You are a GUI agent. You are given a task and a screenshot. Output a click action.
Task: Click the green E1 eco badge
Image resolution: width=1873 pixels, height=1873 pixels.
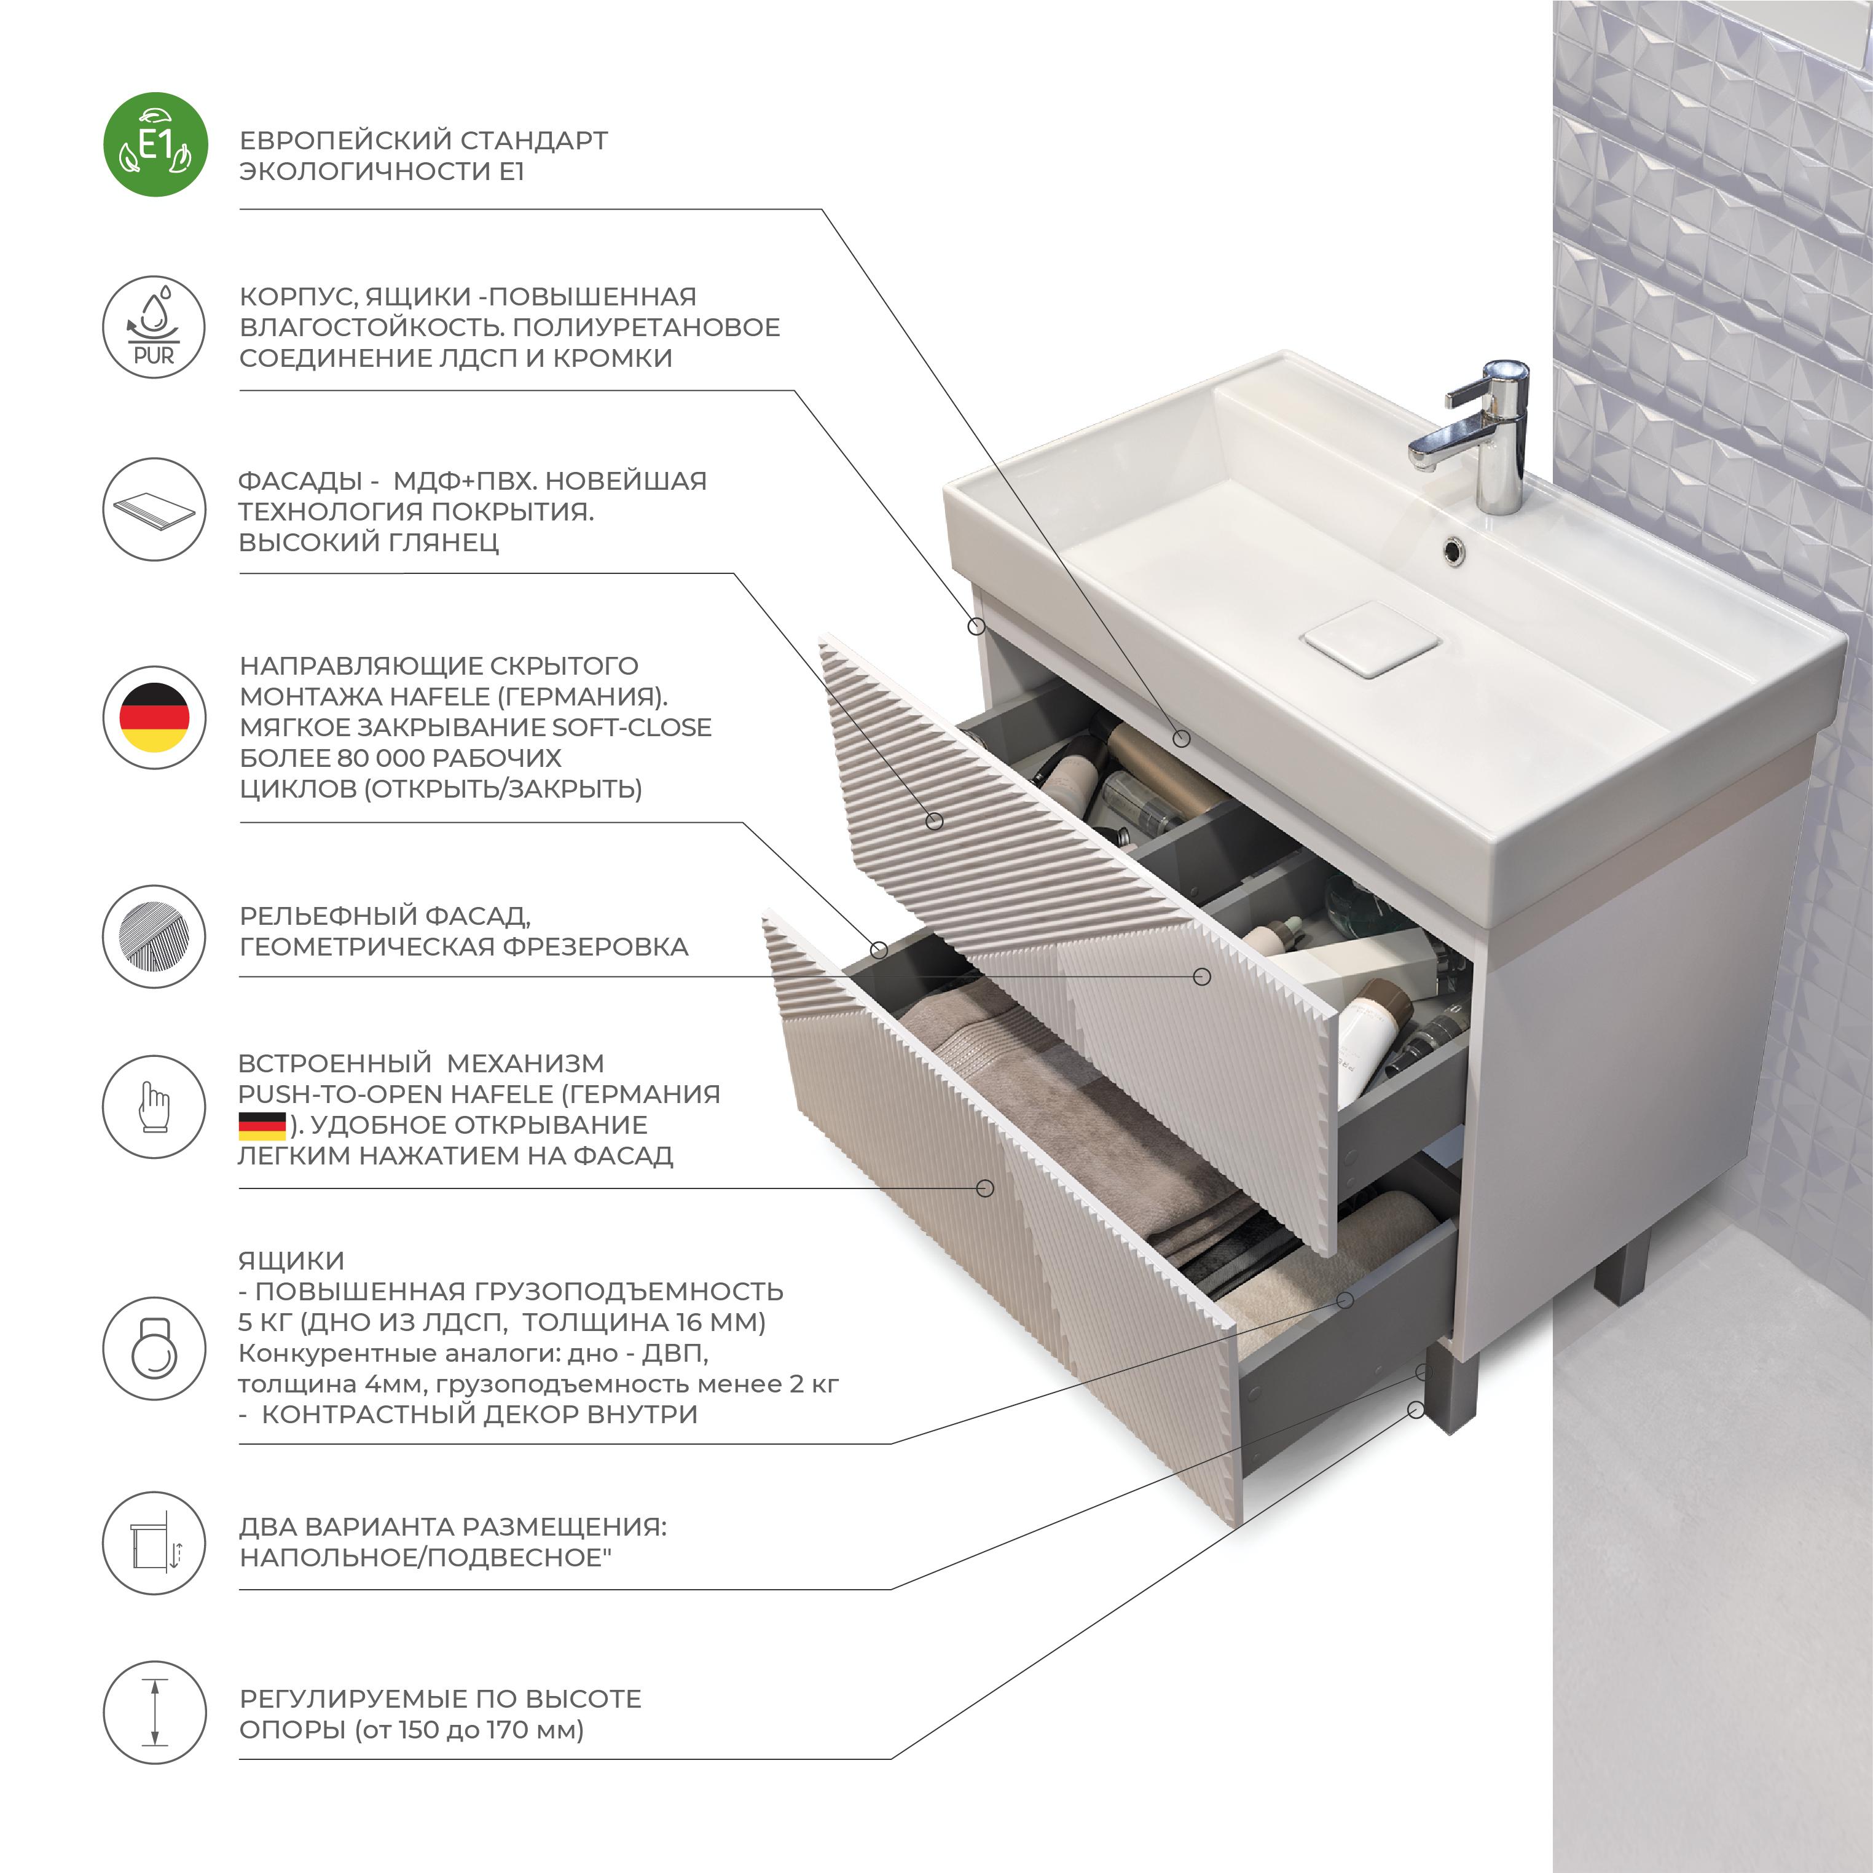tap(155, 144)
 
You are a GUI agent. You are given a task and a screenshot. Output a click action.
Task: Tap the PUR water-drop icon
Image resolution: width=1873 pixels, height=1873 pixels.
tap(154, 327)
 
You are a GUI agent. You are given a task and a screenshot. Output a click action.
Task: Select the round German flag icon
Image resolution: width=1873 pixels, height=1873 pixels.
tap(154, 717)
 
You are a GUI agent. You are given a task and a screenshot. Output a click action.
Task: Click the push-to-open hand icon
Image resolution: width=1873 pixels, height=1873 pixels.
tap(154, 1106)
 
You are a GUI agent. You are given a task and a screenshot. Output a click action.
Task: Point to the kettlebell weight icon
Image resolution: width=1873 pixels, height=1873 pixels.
tap(154, 1348)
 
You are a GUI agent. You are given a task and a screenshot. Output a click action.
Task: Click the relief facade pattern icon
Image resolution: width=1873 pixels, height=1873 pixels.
tap(154, 935)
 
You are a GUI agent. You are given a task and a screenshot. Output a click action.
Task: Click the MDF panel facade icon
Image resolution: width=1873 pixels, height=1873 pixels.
tap(154, 509)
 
